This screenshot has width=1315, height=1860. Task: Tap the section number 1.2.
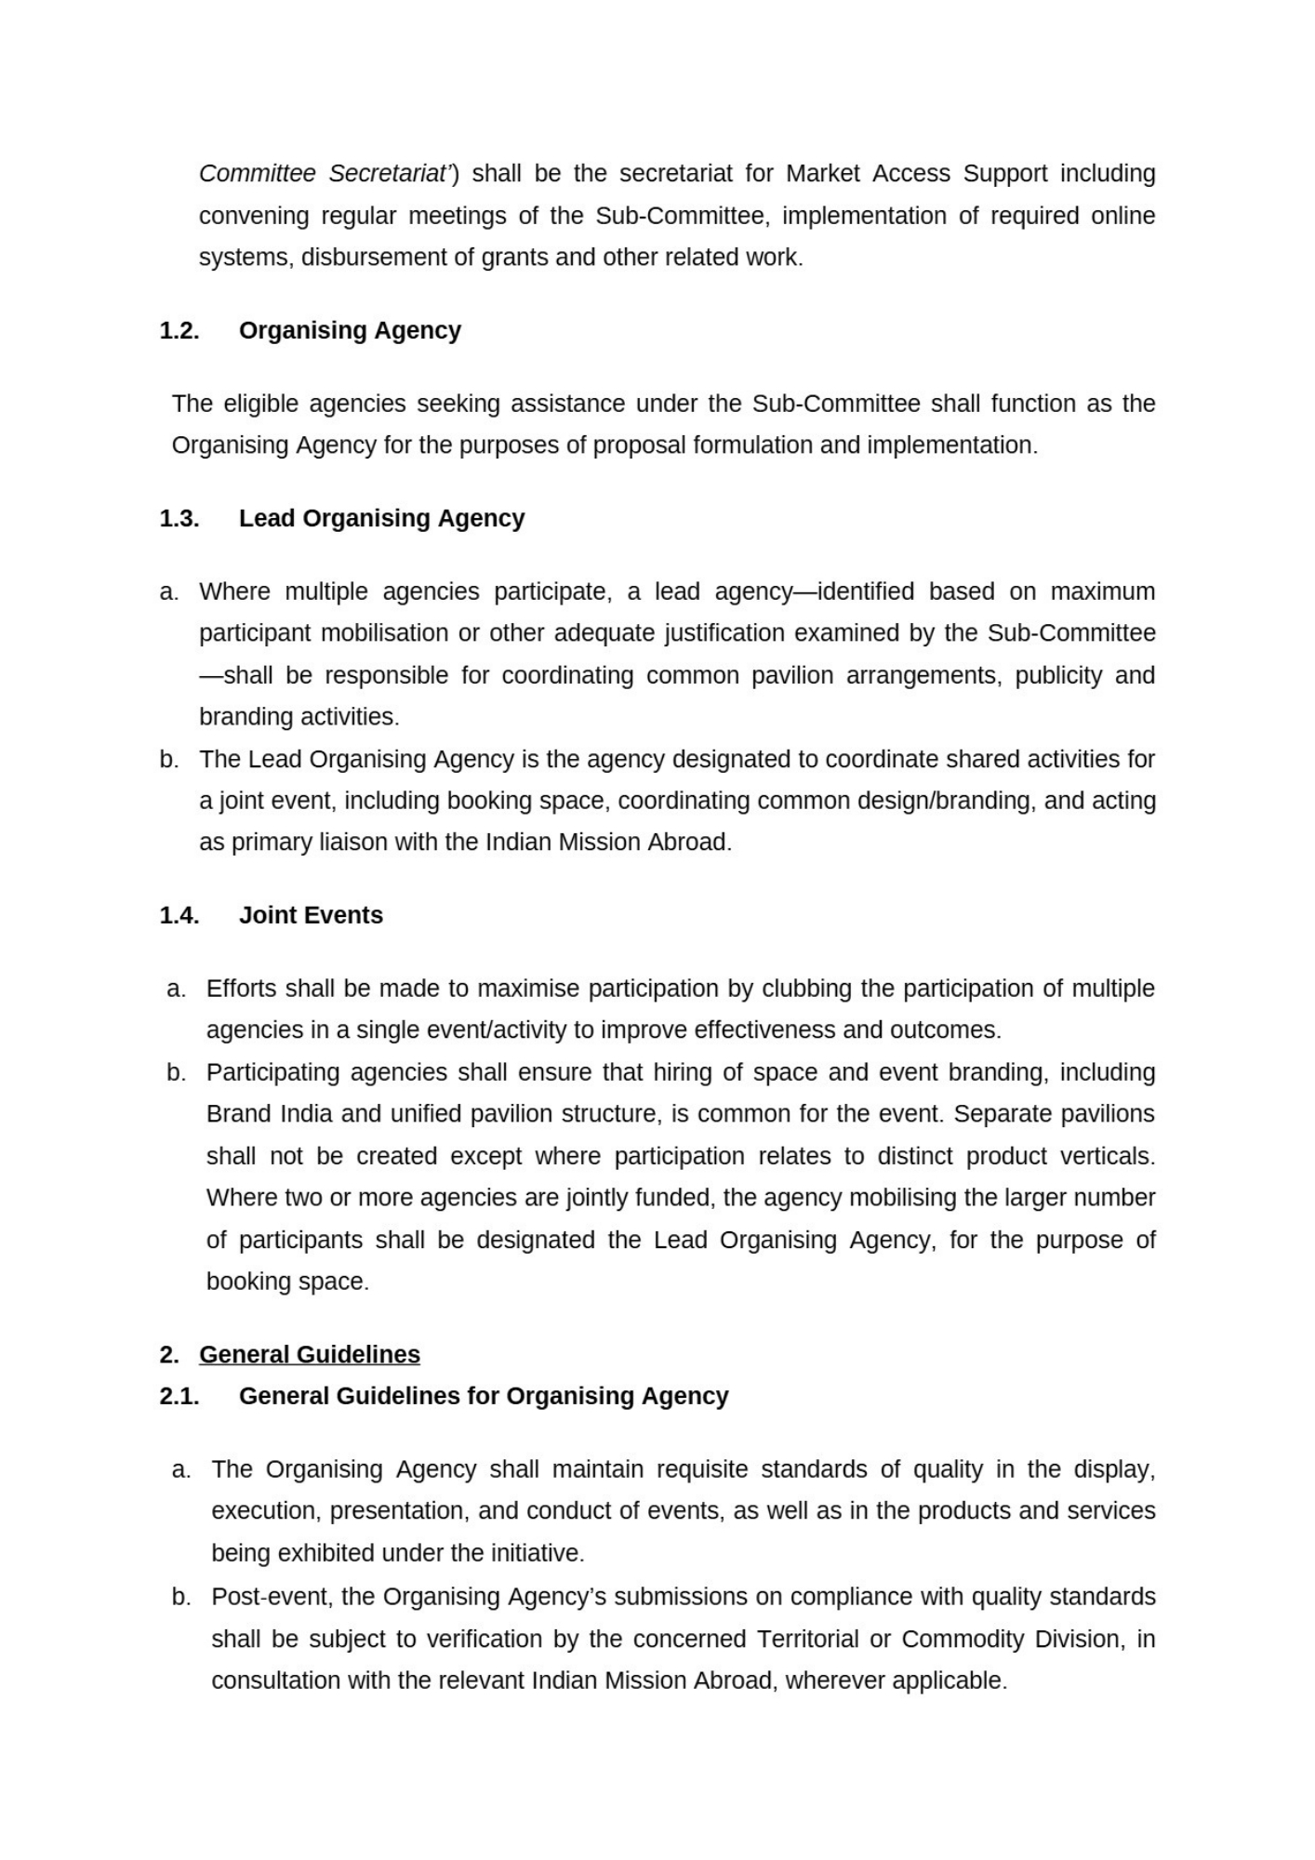click(x=179, y=331)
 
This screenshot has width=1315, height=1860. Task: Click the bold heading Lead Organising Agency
click(x=381, y=518)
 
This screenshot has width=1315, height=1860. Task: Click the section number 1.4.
click(x=179, y=915)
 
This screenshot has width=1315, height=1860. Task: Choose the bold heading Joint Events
click(x=311, y=915)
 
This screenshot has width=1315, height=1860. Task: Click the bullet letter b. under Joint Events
click(x=176, y=1072)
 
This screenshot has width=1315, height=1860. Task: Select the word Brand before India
click(x=237, y=1114)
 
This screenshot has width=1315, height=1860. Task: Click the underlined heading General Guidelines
click(x=309, y=1354)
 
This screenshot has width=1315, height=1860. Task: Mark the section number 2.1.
click(x=179, y=1396)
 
